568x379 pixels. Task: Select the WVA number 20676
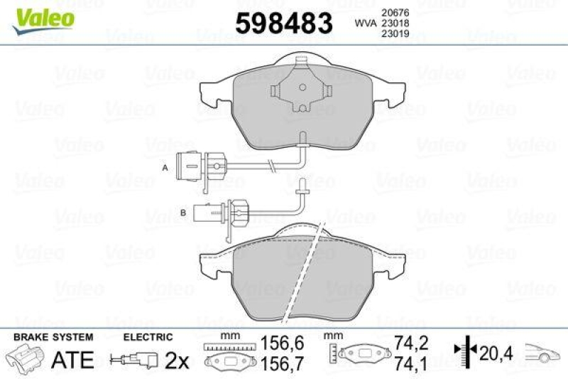coord(394,11)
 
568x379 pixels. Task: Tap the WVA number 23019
coord(394,33)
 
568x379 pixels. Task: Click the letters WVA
coord(364,22)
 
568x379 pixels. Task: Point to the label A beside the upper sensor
coord(164,168)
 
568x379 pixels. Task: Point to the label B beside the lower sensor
coord(182,211)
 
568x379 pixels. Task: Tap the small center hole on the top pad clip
coord(302,88)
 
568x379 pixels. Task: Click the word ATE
coord(73,361)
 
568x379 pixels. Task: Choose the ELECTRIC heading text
coord(148,337)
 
